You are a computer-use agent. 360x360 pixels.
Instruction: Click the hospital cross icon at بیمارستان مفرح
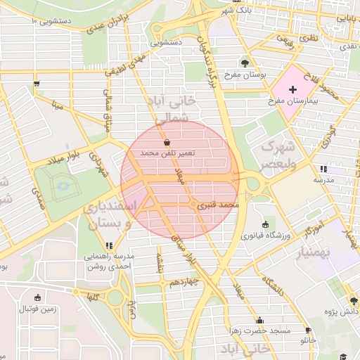coord(292,90)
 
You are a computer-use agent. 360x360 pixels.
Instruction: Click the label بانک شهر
coord(236,11)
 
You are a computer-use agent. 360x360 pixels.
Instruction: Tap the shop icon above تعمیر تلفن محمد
coord(166,142)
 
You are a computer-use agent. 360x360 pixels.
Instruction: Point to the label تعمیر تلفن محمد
coord(167,153)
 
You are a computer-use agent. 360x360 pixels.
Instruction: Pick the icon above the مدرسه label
coord(323,169)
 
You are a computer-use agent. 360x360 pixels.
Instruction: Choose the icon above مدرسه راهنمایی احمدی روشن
coord(109,245)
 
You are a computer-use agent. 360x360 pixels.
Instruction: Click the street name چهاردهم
coord(185,282)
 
